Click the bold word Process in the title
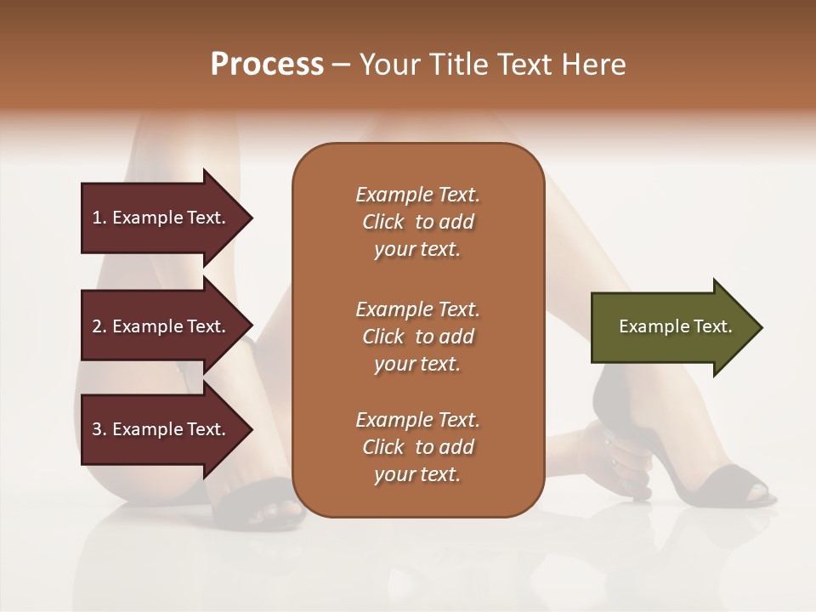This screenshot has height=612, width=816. click(x=267, y=65)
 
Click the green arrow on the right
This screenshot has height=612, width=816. click(x=671, y=327)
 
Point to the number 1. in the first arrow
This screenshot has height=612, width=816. click(x=99, y=218)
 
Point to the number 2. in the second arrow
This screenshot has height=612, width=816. click(x=99, y=326)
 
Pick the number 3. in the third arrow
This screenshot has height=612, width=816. click(x=99, y=429)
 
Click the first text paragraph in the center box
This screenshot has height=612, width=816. click(x=417, y=222)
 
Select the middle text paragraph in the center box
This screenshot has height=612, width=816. click(x=417, y=337)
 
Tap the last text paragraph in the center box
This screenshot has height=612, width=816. click(x=417, y=447)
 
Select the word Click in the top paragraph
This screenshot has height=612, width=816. click(x=383, y=222)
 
